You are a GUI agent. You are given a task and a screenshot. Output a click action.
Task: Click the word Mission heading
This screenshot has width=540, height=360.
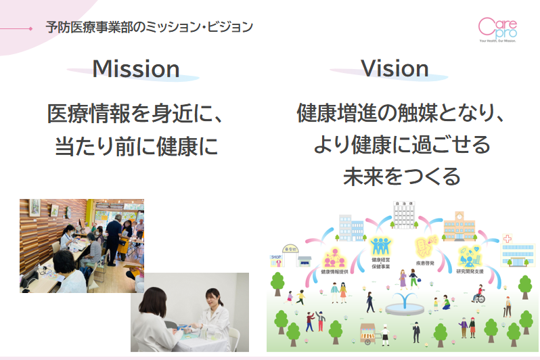click(x=135, y=69)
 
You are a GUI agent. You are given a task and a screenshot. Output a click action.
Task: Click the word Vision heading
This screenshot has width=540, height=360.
click(x=395, y=68)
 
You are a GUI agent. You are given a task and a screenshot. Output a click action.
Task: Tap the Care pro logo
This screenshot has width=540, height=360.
click(x=497, y=30)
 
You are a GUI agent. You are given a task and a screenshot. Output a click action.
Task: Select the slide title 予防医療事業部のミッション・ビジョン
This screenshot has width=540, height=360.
click(x=150, y=28)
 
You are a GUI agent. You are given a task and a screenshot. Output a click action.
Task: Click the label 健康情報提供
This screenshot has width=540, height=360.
click(x=334, y=271)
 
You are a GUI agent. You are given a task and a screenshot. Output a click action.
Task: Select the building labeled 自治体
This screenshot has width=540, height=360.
click(x=403, y=215)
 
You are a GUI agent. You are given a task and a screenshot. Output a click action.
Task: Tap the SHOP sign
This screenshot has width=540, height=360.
click(x=275, y=258)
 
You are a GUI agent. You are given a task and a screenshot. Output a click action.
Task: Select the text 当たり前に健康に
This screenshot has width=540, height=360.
click(x=136, y=146)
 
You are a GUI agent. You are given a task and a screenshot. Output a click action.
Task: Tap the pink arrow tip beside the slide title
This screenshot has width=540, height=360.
click(x=30, y=28)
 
